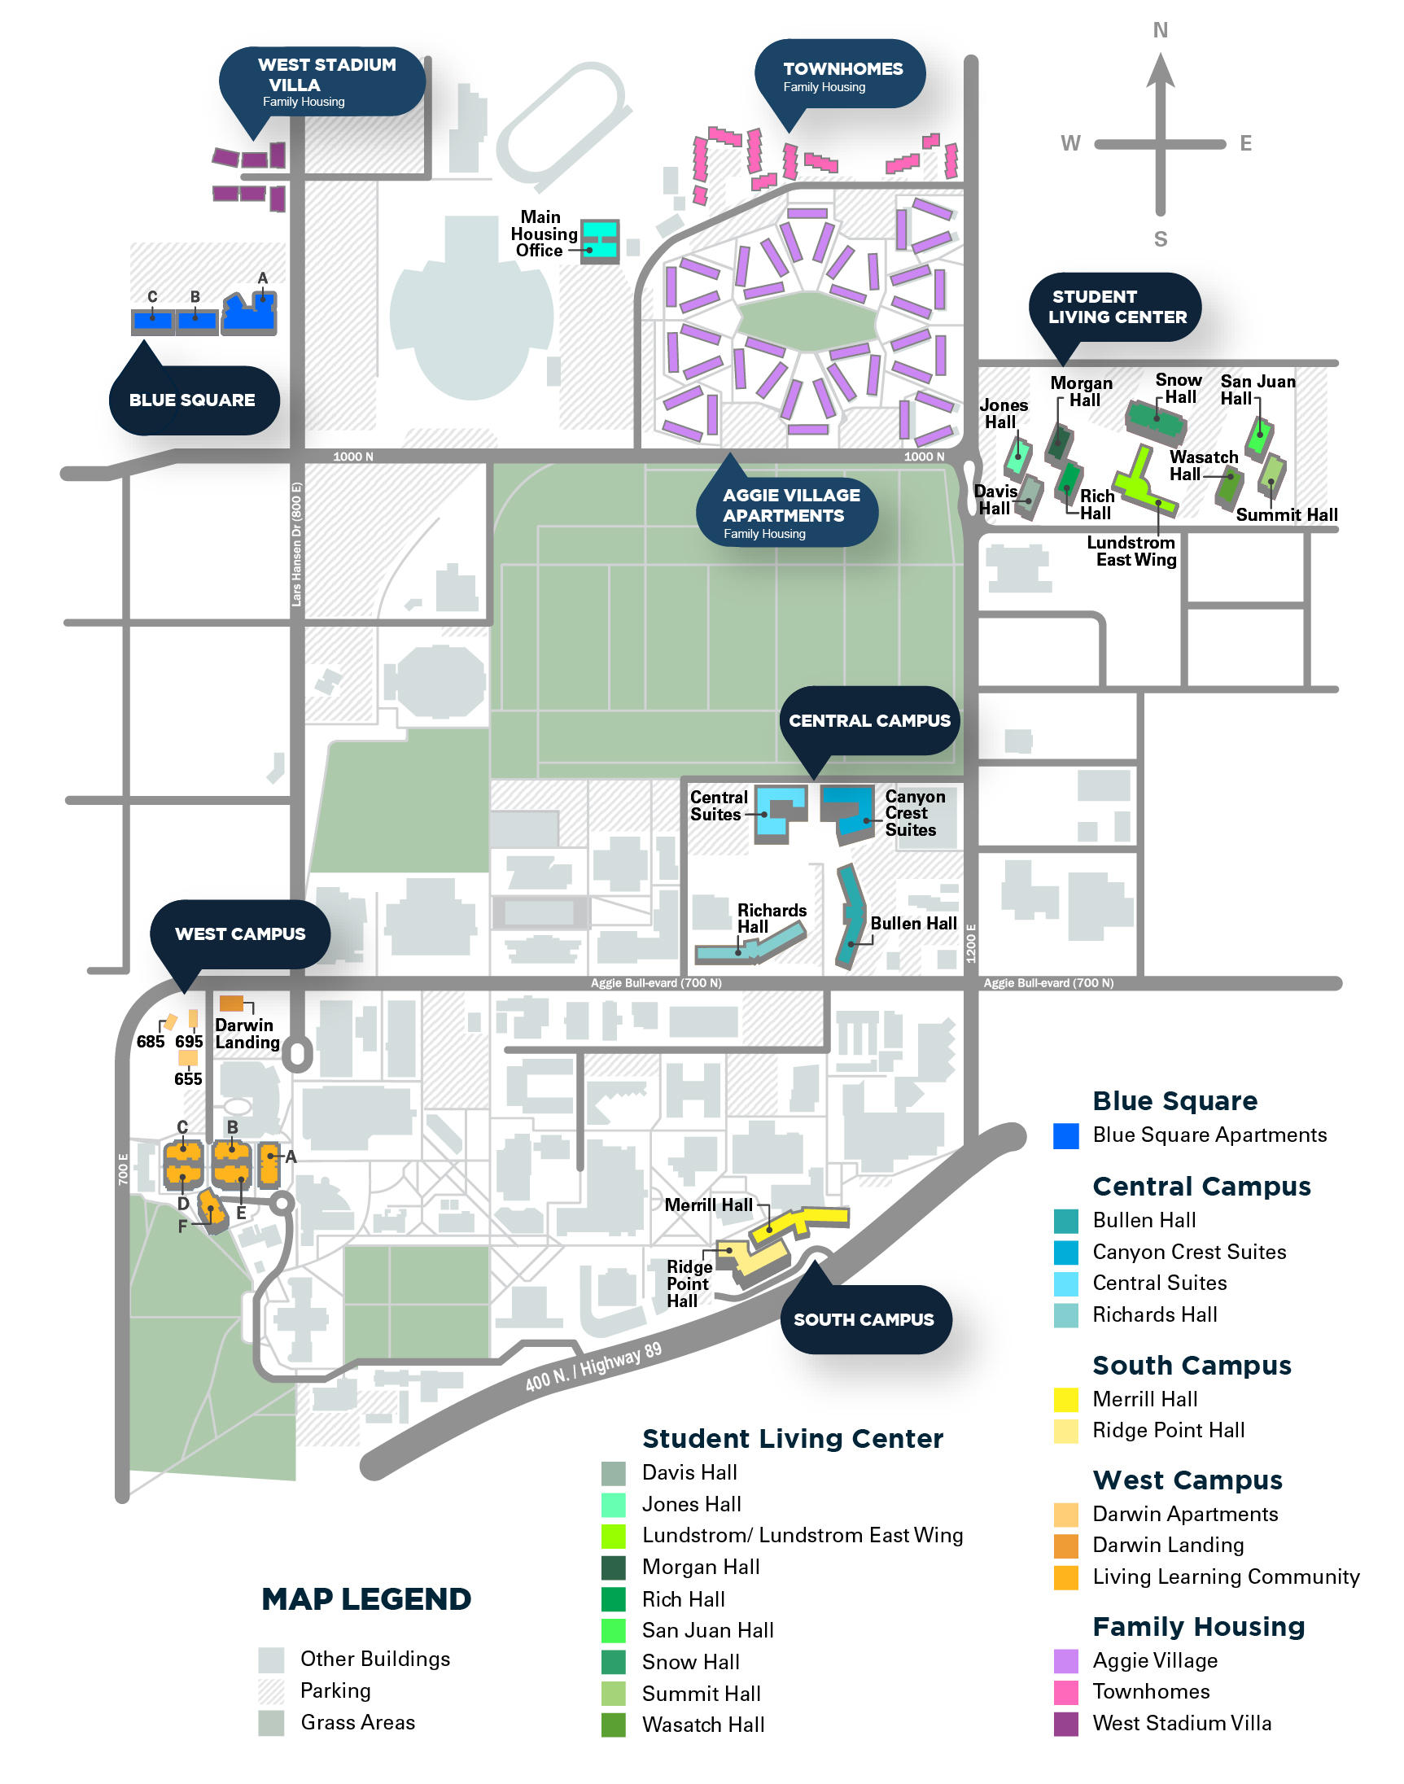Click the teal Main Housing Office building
click(x=600, y=241)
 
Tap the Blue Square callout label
click(x=194, y=400)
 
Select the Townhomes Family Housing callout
click(x=840, y=76)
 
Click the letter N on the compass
click(x=1160, y=30)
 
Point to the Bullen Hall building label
click(x=913, y=924)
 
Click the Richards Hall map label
click(x=772, y=919)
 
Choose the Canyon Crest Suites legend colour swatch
click(x=1066, y=1252)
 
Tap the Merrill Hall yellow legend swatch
click(x=1066, y=1398)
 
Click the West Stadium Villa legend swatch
click(x=1066, y=1723)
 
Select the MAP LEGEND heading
click(x=366, y=1599)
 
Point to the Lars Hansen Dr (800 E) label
click(x=297, y=543)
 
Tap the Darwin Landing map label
click(x=247, y=1034)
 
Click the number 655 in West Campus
click(x=188, y=1079)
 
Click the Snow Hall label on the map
click(x=1179, y=389)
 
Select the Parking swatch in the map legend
click(x=271, y=1690)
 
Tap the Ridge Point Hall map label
click(x=689, y=1283)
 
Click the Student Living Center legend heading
click(x=793, y=1439)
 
